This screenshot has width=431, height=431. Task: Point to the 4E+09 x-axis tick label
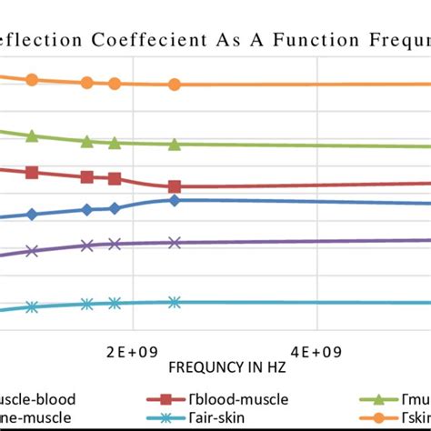click(x=316, y=351)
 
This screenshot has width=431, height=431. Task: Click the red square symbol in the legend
click(x=166, y=398)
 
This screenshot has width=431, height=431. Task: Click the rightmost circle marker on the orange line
click(x=175, y=85)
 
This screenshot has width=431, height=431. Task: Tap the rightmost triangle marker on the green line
click(x=175, y=145)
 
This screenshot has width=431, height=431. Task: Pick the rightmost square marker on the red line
click(x=175, y=186)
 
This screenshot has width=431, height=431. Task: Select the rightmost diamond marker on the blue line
click(x=175, y=200)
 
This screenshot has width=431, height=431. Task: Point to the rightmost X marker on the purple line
click(x=175, y=243)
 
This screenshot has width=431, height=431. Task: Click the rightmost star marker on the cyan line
click(x=175, y=303)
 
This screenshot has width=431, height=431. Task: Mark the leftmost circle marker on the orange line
click(x=32, y=80)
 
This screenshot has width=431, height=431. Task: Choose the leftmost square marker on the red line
click(x=32, y=172)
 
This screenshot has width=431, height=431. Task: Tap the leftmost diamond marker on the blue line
click(x=32, y=215)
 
